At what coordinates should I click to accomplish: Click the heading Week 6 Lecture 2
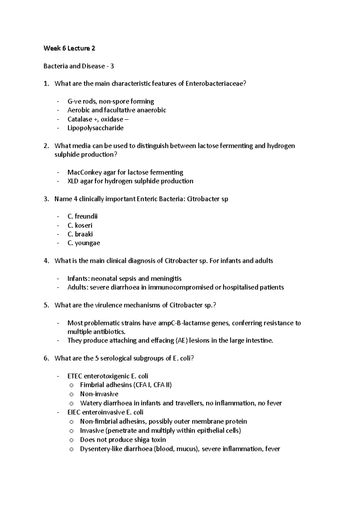click(69, 48)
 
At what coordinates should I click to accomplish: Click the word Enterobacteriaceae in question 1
click(215, 84)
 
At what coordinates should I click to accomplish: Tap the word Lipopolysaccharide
click(95, 128)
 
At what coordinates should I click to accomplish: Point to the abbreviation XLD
click(73, 181)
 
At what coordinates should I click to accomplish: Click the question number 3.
click(46, 199)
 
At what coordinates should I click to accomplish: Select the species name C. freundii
click(82, 216)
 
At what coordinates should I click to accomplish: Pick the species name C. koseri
click(80, 225)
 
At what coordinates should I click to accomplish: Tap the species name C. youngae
click(84, 243)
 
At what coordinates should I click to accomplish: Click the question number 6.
click(46, 358)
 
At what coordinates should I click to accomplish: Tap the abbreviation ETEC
click(75, 376)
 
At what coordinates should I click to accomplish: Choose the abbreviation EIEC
click(74, 412)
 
